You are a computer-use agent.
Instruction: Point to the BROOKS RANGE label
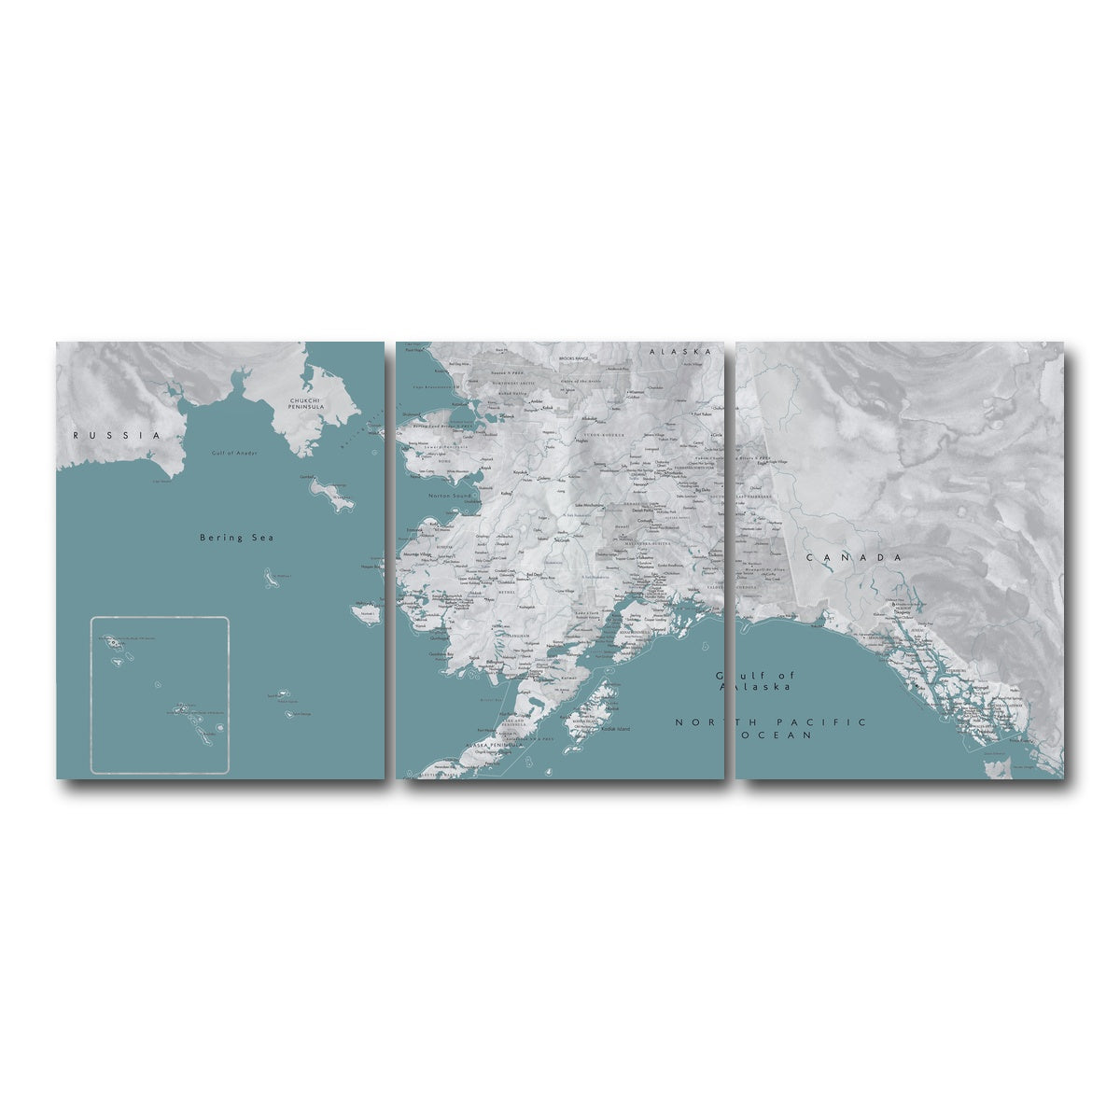coord(576,357)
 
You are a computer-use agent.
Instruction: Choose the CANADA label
coord(854,557)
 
